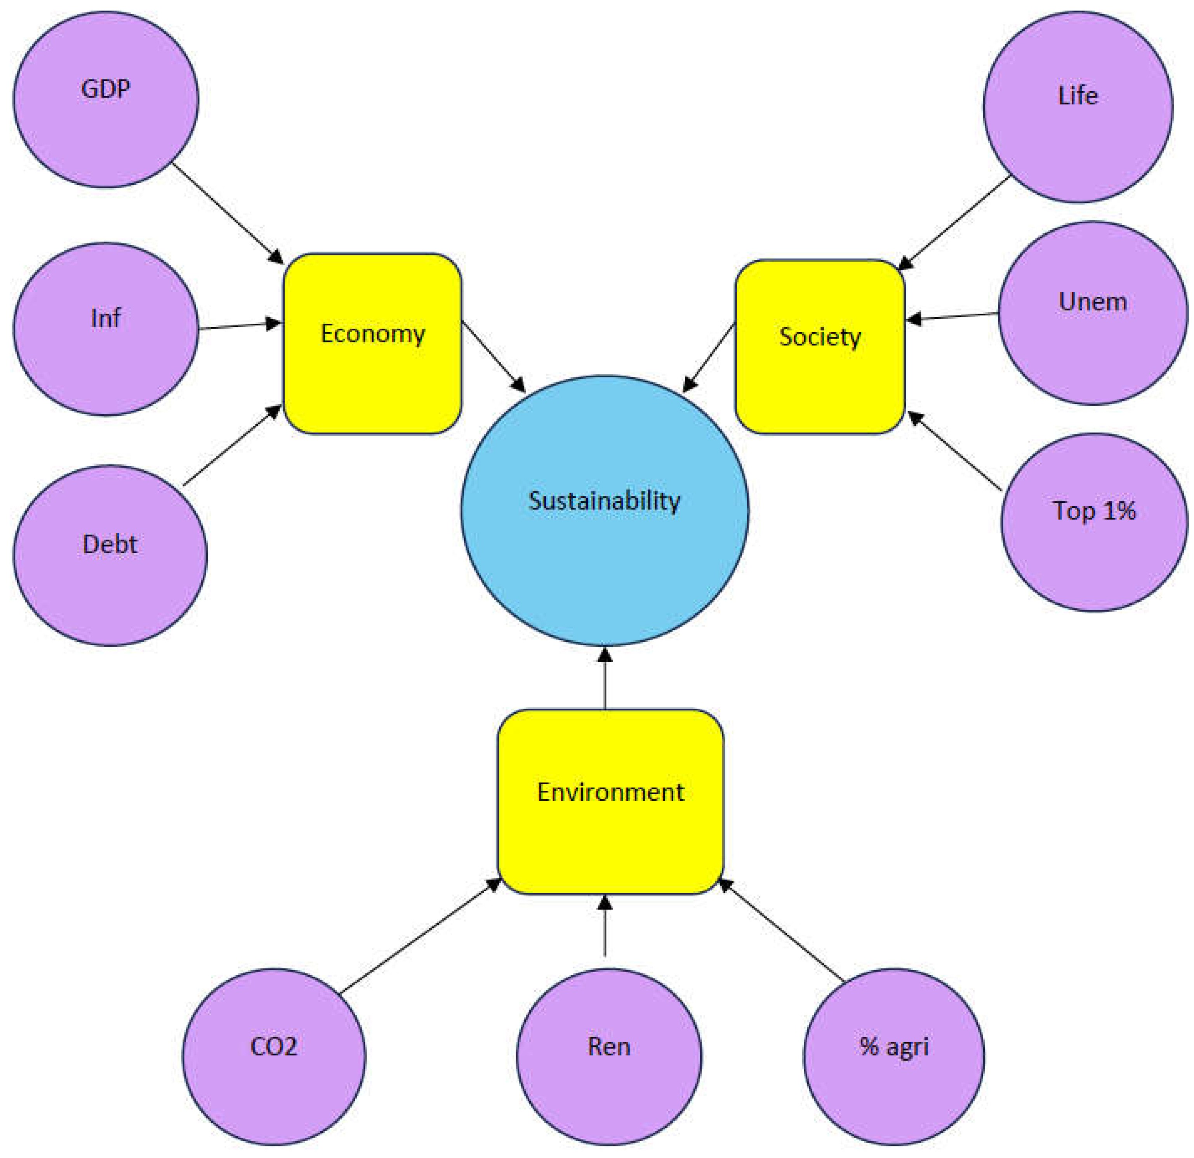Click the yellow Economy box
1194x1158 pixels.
[372, 344]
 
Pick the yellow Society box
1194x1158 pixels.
[820, 347]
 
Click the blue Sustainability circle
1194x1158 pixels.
[604, 510]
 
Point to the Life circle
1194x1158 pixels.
[1078, 107]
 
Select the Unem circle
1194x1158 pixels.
[1093, 313]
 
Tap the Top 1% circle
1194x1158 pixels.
[1094, 522]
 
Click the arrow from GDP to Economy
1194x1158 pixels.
[228, 213]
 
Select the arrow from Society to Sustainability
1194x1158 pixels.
[709, 358]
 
